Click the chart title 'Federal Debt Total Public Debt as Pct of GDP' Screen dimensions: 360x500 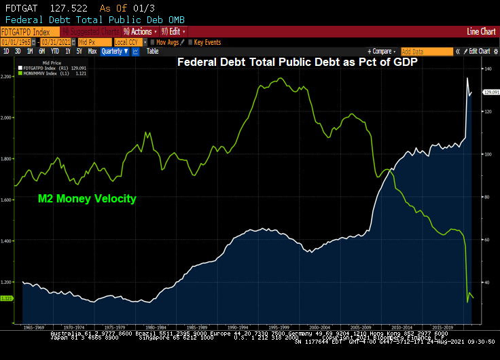[x=298, y=62]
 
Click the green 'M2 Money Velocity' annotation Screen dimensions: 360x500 [x=87, y=199]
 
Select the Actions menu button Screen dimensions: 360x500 [x=141, y=32]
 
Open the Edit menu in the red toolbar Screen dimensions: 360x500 [x=174, y=32]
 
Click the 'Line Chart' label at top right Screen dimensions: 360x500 [x=481, y=32]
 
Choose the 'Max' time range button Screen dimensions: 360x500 [x=92, y=51]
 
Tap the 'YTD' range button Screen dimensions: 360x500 [x=54, y=51]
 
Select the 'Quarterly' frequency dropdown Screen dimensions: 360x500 [x=115, y=51]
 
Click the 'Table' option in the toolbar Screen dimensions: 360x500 [x=153, y=51]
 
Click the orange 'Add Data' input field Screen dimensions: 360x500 [x=427, y=51]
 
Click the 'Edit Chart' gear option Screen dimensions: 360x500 [x=478, y=51]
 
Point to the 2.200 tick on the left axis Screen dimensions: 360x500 [x=6, y=77]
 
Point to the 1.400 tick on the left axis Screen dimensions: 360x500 [x=6, y=241]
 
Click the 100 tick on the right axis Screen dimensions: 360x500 [x=486, y=154]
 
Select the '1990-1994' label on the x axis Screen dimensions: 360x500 [x=243, y=326]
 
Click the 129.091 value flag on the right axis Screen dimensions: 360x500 [x=490, y=92]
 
